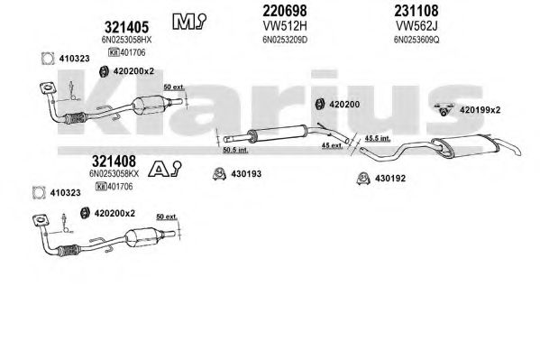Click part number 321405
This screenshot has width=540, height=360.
126,27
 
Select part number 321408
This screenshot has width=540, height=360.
114,161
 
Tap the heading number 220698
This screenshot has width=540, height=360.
285,11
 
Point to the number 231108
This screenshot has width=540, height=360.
416,11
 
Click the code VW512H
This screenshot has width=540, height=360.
285,26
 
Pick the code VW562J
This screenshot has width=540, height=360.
416,26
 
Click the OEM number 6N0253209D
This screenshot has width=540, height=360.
285,40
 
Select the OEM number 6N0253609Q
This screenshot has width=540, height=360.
416,40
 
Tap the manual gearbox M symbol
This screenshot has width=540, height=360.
189,22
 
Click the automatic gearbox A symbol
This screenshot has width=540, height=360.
165,169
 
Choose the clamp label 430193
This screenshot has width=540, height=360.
246,174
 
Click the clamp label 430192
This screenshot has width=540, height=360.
389,179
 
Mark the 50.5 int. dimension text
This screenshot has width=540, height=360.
235,150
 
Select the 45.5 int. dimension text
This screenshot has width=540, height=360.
378,138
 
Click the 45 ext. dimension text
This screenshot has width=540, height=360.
332,145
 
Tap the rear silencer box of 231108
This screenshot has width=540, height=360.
465,146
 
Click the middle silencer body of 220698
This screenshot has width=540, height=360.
278,134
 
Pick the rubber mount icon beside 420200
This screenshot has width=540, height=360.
320,104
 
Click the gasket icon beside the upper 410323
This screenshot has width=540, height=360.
48,59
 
